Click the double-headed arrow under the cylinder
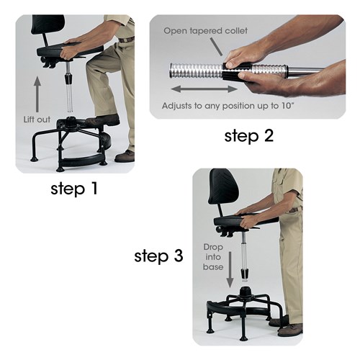click(x=204, y=89)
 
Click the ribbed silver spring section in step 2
click(x=194, y=70)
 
